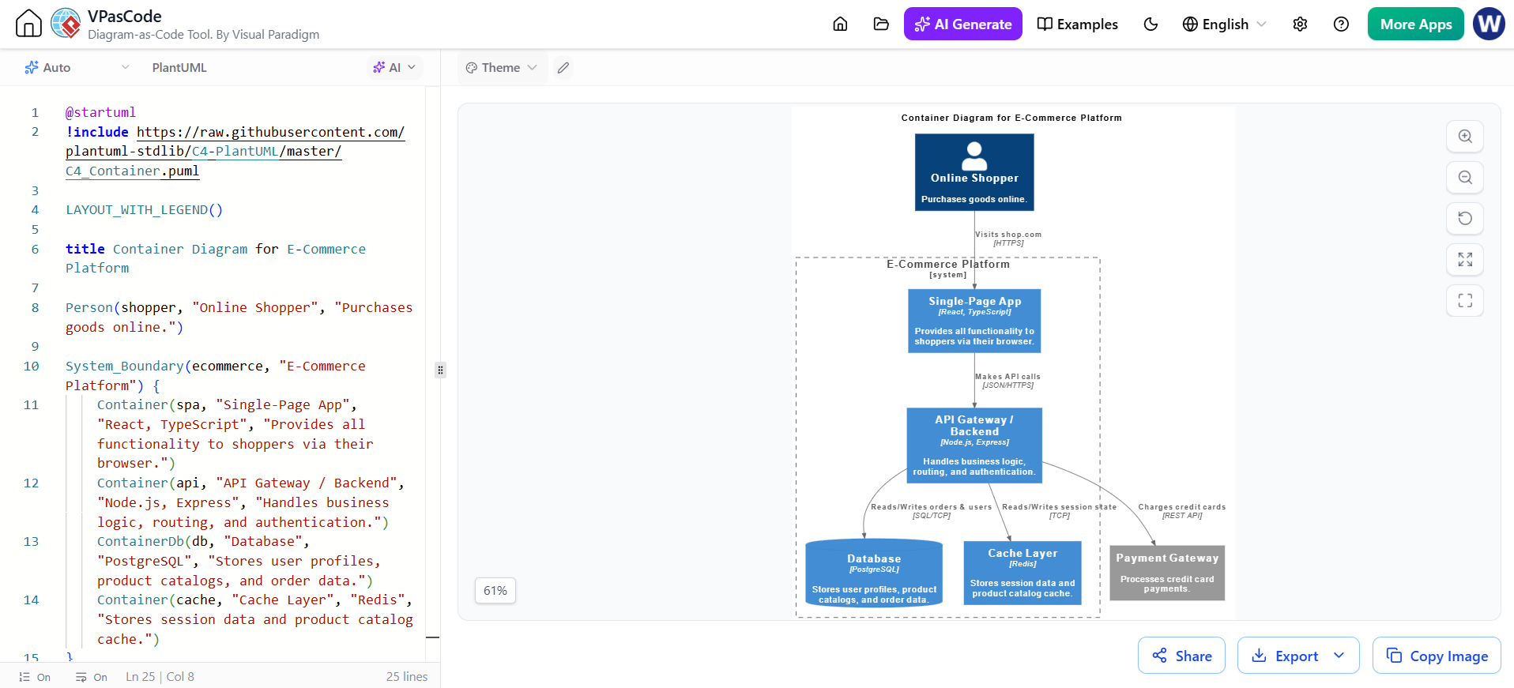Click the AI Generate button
click(x=962, y=24)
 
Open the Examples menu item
click(x=1077, y=24)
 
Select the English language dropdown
click(x=1224, y=24)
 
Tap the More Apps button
click(x=1415, y=24)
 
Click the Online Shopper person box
click(x=974, y=172)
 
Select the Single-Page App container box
click(x=974, y=321)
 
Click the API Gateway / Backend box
click(x=974, y=446)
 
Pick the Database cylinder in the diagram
click(x=874, y=573)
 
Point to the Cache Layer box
click(x=1023, y=573)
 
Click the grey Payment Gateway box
click(x=1167, y=573)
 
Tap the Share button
click(x=1181, y=656)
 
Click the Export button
click(x=1298, y=656)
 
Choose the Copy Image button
click(x=1437, y=656)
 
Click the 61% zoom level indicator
click(x=495, y=591)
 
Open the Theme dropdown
click(x=502, y=68)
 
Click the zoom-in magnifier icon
click(x=1465, y=136)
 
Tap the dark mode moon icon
click(x=1151, y=24)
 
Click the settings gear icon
click(x=1300, y=24)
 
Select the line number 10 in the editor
click(x=32, y=366)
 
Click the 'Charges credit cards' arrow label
click(x=1182, y=507)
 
